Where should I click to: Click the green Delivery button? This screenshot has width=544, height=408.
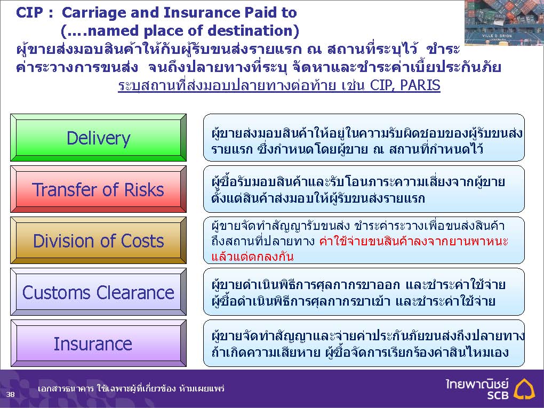[x=99, y=138]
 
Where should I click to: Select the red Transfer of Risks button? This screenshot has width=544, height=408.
[x=99, y=189]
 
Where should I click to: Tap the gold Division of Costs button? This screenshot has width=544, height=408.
[x=99, y=241]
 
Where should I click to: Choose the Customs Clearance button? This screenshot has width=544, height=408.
[x=99, y=292]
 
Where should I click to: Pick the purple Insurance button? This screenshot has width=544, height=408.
[x=99, y=343]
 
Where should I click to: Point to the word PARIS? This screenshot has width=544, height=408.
[x=420, y=85]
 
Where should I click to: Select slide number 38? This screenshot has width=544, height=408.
[x=11, y=394]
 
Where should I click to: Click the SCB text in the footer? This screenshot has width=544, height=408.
[x=498, y=395]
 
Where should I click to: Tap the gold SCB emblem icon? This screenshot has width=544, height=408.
[x=524, y=389]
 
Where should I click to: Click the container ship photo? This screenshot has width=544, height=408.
[x=504, y=23]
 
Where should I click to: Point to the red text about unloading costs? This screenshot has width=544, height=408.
[x=359, y=249]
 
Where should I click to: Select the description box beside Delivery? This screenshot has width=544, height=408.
[x=364, y=138]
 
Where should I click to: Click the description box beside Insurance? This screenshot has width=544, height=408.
[x=364, y=343]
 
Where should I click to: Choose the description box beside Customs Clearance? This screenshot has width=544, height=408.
[x=364, y=292]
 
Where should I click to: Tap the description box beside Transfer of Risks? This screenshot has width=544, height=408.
[x=364, y=189]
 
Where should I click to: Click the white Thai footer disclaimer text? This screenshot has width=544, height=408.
[x=131, y=388]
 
